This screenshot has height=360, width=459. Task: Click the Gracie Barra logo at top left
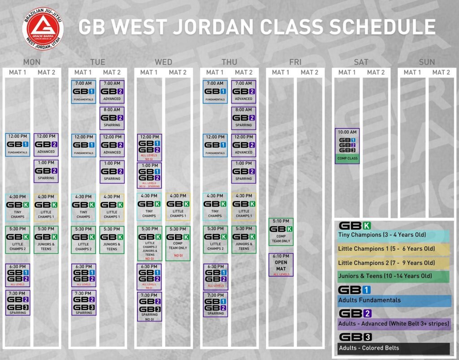point(43,28)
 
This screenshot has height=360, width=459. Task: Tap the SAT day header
point(361,62)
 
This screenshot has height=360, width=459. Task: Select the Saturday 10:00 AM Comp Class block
point(347,146)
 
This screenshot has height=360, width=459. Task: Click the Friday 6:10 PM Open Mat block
point(281,265)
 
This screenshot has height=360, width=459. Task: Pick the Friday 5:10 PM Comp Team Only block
point(281,231)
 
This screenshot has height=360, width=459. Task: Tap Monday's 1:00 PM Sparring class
point(46,171)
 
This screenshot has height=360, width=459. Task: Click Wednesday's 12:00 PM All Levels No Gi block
point(149,147)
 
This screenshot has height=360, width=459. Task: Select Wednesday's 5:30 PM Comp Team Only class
point(178,243)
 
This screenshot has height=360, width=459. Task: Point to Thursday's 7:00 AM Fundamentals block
point(215,92)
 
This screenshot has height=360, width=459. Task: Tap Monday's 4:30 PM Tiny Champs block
point(18,207)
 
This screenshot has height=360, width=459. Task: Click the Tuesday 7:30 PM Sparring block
point(83,303)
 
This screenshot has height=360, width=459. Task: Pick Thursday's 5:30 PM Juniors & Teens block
point(243,240)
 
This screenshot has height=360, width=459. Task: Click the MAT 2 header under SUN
point(441,72)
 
